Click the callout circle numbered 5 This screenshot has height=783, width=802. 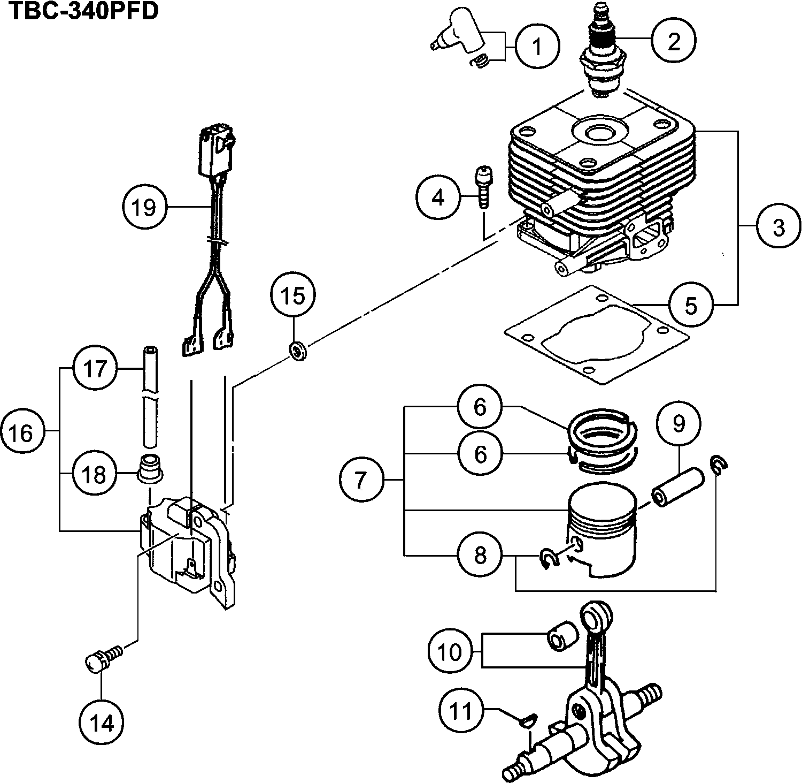coord(691,305)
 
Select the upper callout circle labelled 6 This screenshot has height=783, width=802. coord(480,407)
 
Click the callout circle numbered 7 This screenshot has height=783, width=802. coord(361,481)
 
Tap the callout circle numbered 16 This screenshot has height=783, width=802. coord(22,432)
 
